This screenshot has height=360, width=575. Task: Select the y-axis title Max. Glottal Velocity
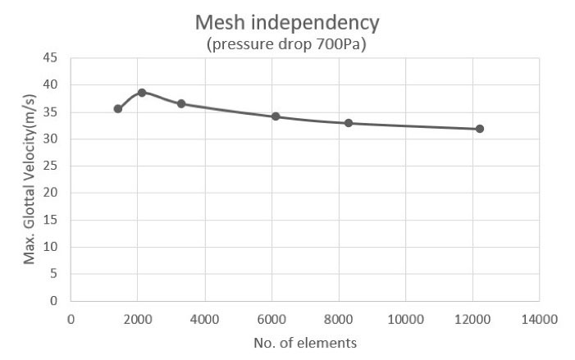(30, 179)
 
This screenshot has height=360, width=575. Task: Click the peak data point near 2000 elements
(141, 93)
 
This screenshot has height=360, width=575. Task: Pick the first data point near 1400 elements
(117, 108)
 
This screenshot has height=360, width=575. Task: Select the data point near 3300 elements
(181, 104)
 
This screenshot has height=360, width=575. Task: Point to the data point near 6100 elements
(276, 116)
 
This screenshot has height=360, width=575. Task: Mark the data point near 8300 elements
(349, 123)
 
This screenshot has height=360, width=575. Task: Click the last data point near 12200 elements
(480, 129)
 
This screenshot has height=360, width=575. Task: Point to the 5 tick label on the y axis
(53, 274)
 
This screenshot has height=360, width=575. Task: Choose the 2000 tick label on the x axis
(137, 317)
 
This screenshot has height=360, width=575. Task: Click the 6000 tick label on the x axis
(272, 317)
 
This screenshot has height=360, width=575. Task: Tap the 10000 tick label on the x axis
(405, 317)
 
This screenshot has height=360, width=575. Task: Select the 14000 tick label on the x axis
(539, 317)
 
